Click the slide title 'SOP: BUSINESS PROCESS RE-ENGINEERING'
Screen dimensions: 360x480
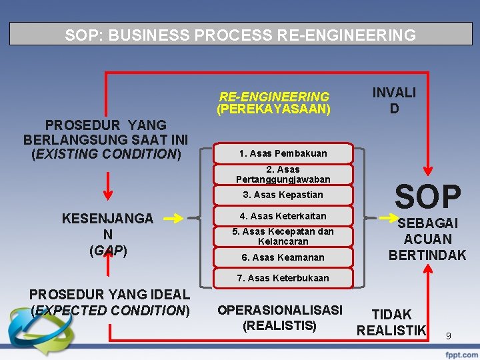click(240, 35)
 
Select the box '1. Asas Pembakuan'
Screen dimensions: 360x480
click(283, 153)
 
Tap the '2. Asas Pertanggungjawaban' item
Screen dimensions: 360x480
click(283, 174)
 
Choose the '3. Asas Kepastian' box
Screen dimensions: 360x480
click(283, 195)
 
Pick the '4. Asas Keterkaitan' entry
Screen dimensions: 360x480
click(283, 216)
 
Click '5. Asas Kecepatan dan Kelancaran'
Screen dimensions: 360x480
click(283, 236)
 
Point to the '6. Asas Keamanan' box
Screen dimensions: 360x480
click(283, 257)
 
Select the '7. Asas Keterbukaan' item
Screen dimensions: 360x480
click(283, 277)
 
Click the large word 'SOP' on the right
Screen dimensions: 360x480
click(427, 197)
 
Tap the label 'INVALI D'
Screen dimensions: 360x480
click(394, 100)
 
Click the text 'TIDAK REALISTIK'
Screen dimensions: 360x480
click(391, 322)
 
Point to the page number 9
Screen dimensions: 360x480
click(449, 336)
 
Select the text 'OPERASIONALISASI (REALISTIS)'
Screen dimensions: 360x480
click(280, 318)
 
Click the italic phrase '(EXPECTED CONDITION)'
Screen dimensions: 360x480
click(111, 310)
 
